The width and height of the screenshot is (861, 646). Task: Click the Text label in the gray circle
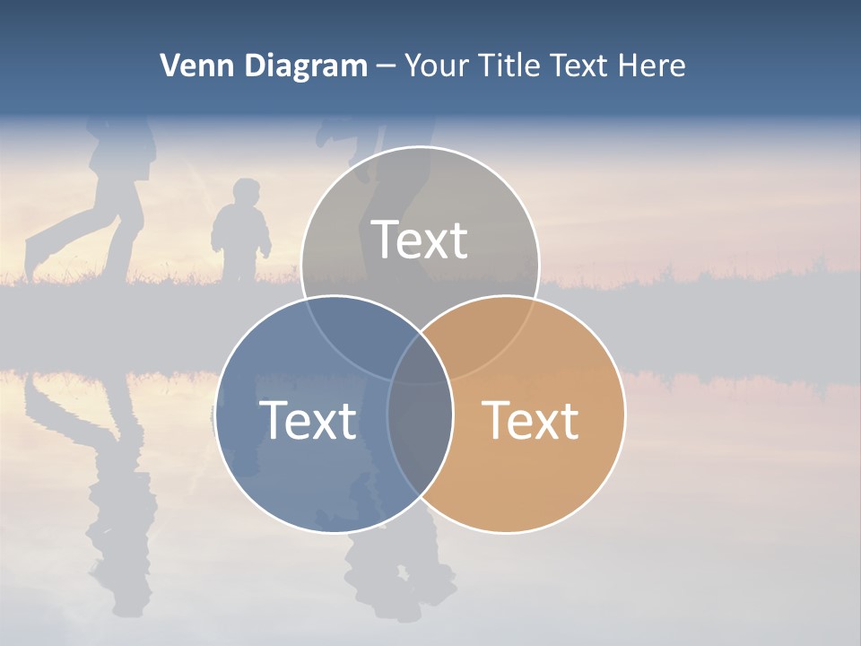(x=420, y=240)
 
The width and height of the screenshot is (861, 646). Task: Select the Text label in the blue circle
(x=308, y=420)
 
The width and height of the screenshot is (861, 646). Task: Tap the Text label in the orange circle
(x=531, y=420)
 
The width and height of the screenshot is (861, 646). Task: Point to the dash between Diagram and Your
(x=386, y=66)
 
